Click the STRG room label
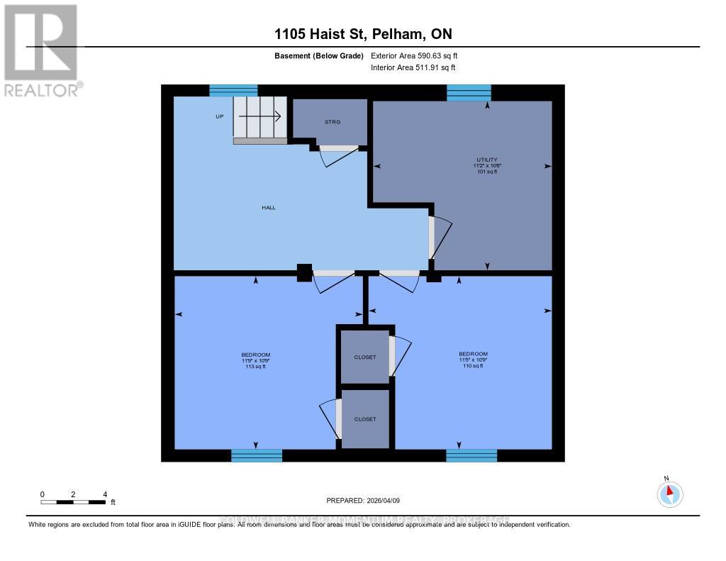333,122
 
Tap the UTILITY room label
486,160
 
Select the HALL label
268,208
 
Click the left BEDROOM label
255,355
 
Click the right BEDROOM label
473,354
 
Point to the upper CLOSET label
365,357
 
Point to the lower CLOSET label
365,419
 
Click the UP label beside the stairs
220,116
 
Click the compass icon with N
670,493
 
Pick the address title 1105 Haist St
363,34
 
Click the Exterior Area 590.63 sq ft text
419,56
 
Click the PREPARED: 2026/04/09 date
363,501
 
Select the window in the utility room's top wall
469,91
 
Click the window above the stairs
233,90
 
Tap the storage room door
337,148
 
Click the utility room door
432,237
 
